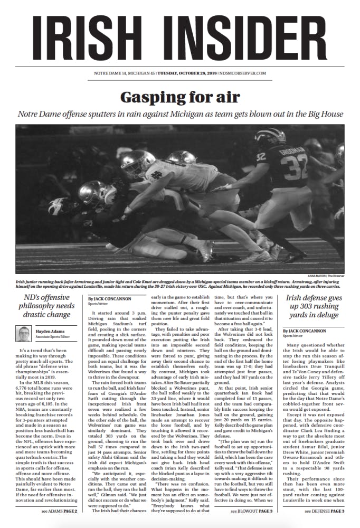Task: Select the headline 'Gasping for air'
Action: [x=180, y=97]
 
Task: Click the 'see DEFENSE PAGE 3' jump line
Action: [x=324, y=511]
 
